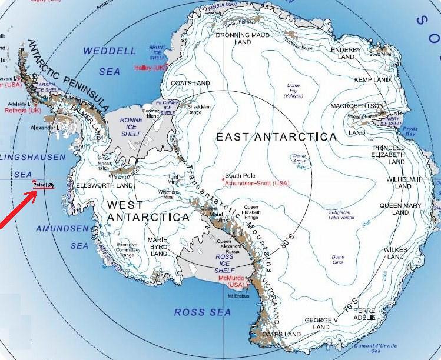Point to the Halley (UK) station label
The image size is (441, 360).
tap(151, 68)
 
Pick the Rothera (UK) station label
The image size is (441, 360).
tap(23, 110)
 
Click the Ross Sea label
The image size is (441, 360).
tap(202, 312)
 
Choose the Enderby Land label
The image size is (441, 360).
tap(346, 54)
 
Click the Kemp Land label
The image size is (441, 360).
tap(372, 79)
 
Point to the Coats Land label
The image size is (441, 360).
tap(186, 84)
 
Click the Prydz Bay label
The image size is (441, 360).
tap(427, 131)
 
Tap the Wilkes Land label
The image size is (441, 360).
tap(395, 253)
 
